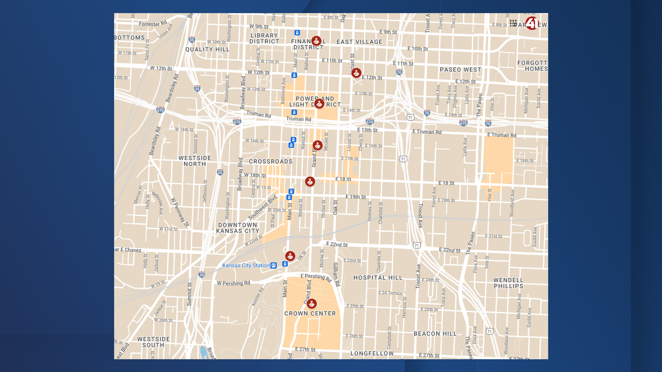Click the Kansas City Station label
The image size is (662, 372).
coord(246,265)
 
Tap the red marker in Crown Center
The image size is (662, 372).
coord(312,303)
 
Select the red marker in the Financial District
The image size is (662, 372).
coord(316,41)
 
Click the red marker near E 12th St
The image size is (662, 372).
coord(356,73)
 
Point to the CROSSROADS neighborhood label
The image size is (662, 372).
coord(271,161)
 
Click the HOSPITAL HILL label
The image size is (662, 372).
coord(378,278)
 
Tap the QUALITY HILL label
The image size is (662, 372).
coord(207,49)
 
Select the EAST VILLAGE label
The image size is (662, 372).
coord(359,42)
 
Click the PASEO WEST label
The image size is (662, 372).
coord(460,70)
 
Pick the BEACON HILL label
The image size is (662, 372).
coord(435,333)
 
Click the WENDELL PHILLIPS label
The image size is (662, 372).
coord(508,283)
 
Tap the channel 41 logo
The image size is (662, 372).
coord(532,23)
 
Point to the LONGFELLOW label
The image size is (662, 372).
coord(372,353)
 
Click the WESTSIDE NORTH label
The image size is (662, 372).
coord(195,161)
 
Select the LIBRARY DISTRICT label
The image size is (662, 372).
coord(264,38)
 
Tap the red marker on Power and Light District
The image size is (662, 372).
coord(319,103)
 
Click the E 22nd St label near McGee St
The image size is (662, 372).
coord(337,244)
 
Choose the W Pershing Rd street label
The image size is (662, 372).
coord(233,283)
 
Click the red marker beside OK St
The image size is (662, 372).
coord(290,256)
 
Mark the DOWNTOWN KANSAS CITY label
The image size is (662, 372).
coord(238,228)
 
